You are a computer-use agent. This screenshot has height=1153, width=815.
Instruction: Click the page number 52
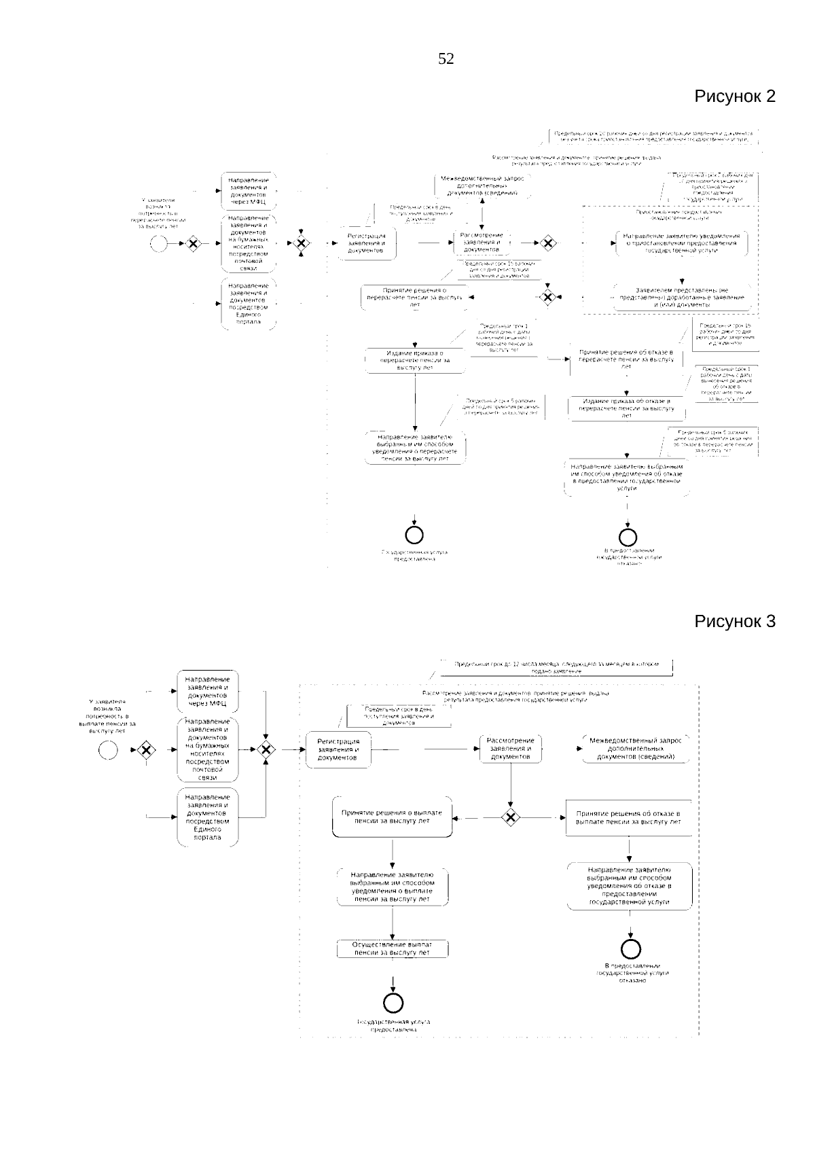click(x=446, y=59)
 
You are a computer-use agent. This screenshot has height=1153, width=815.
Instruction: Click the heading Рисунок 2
click(x=734, y=96)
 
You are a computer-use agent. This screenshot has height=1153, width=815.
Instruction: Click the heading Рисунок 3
click(x=734, y=621)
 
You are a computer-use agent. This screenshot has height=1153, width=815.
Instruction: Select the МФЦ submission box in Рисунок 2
click(x=249, y=192)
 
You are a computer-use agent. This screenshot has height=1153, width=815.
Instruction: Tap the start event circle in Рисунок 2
click(x=159, y=243)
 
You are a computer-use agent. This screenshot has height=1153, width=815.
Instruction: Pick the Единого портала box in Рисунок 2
click(x=249, y=304)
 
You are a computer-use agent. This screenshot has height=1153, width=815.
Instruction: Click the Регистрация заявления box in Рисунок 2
click(x=367, y=243)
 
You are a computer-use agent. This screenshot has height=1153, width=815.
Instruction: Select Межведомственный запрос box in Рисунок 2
click(x=482, y=185)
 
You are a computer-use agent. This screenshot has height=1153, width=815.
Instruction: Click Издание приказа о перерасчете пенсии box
click(x=414, y=360)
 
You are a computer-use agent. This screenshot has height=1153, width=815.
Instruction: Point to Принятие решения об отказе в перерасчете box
click(x=626, y=359)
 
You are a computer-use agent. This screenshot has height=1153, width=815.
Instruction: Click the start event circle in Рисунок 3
click(x=108, y=749)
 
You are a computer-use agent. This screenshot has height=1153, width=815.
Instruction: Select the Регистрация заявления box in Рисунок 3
click(x=338, y=749)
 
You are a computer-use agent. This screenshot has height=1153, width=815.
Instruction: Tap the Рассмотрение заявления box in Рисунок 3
click(x=511, y=749)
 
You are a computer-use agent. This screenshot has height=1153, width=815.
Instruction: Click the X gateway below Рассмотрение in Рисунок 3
click(x=511, y=817)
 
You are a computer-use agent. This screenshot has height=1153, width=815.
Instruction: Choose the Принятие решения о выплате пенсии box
click(x=392, y=817)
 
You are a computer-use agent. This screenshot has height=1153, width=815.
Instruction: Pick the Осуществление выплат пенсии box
click(x=393, y=948)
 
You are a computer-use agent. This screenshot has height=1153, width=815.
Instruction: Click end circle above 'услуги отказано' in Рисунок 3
click(x=631, y=948)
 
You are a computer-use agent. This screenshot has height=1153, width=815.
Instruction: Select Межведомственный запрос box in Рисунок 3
click(x=636, y=748)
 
